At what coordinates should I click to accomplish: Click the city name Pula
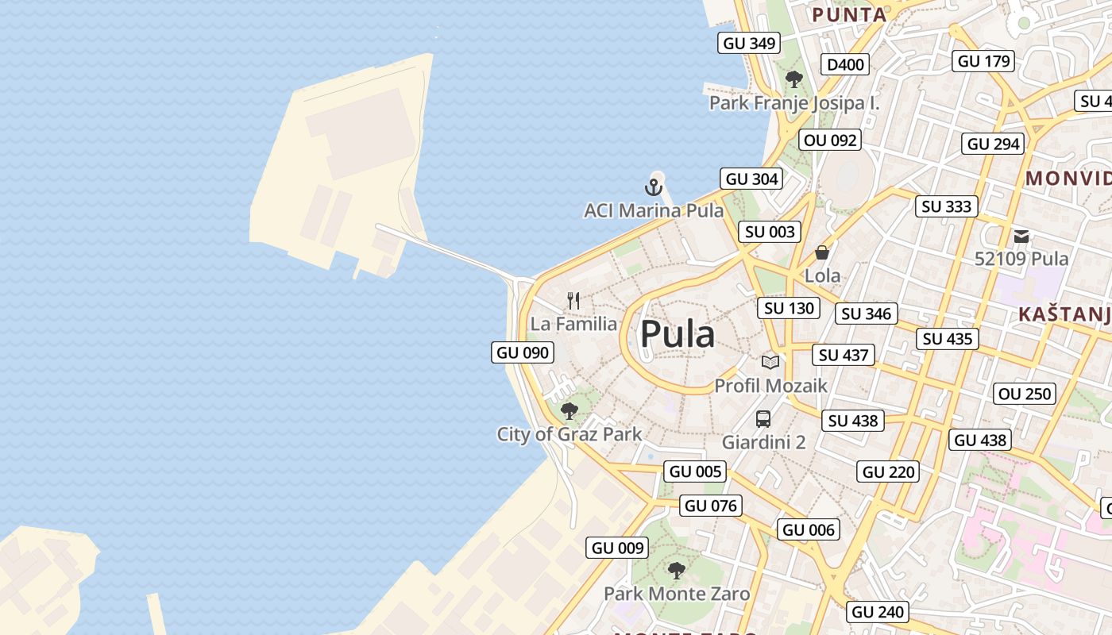click(678, 334)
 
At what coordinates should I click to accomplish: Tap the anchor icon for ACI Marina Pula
click(653, 188)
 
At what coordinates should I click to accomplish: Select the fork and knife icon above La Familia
click(573, 301)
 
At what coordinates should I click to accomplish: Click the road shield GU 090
click(523, 352)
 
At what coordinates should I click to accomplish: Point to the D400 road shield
click(845, 64)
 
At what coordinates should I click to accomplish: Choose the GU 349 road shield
click(749, 43)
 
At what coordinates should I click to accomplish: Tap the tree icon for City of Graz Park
click(569, 411)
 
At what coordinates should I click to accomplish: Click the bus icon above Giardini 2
click(763, 419)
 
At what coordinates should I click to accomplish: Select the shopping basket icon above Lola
click(822, 252)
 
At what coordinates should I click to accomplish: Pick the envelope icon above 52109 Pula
click(1021, 236)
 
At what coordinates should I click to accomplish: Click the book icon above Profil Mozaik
click(770, 362)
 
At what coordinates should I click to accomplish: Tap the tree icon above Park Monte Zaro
click(676, 570)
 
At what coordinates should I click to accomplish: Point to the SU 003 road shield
click(769, 232)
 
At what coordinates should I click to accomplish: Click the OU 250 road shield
click(1025, 394)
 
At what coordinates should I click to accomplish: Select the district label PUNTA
click(849, 14)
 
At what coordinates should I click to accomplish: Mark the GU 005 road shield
click(696, 471)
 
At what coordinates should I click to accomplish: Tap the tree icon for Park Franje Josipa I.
click(793, 79)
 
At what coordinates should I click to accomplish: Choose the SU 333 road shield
click(947, 206)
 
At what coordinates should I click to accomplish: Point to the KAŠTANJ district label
click(1064, 315)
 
